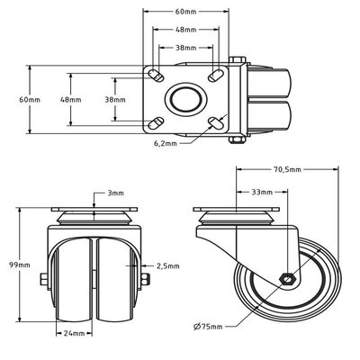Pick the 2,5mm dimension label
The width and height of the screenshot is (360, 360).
tap(167, 266)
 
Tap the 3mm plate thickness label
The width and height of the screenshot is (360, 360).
tap(116, 193)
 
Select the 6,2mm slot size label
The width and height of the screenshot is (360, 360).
tap(166, 142)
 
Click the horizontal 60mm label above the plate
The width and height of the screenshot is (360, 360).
tap(185, 13)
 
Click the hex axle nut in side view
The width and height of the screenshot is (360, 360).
tap(287, 279)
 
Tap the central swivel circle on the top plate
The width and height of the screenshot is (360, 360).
tap(185, 99)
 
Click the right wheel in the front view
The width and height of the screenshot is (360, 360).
tap(114, 279)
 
